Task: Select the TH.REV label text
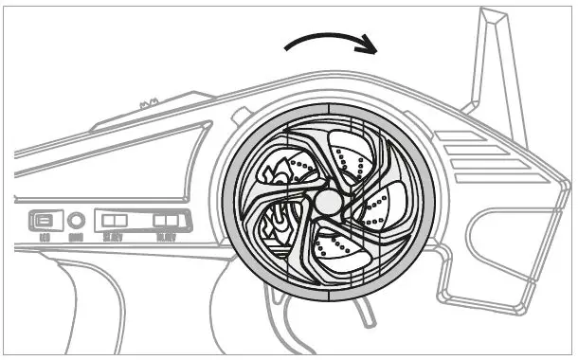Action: (166, 237)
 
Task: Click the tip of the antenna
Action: (491, 13)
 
